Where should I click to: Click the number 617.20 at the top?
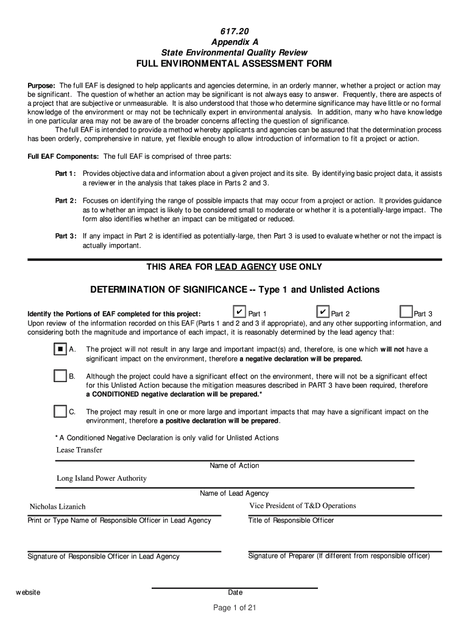(x=234, y=31)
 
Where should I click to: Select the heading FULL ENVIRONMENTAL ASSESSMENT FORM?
(x=234, y=64)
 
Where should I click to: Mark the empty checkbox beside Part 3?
(x=406, y=313)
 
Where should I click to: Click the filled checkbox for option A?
(x=60, y=349)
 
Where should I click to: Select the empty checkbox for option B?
(x=60, y=376)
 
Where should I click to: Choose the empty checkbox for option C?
(x=60, y=411)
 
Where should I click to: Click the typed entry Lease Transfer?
(x=79, y=450)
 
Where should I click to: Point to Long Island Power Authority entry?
(x=102, y=478)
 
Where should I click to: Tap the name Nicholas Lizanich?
(x=58, y=507)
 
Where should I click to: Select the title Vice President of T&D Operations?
(x=302, y=506)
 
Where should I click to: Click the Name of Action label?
(x=234, y=465)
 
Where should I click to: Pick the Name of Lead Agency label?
(x=234, y=493)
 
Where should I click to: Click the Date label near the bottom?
(x=235, y=593)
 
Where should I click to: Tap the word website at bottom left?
(x=28, y=593)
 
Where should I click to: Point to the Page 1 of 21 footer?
(x=234, y=608)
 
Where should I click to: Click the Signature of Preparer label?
(x=339, y=555)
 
